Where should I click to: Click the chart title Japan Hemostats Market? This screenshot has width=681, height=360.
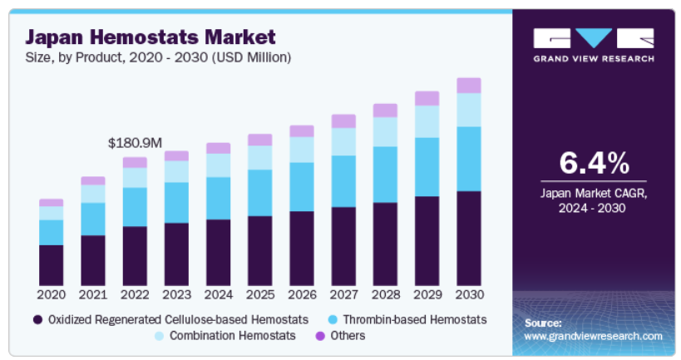(x=150, y=37)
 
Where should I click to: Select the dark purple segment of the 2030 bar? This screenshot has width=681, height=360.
(x=469, y=238)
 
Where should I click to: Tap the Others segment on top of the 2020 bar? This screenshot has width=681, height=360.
(x=52, y=202)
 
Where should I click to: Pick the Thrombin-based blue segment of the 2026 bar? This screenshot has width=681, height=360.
(x=302, y=186)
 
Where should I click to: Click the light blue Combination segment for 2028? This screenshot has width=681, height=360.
(x=385, y=131)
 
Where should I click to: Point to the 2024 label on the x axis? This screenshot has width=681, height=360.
(x=218, y=294)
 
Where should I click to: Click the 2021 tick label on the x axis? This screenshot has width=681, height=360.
(x=93, y=294)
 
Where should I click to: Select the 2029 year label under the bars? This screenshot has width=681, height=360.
(x=427, y=294)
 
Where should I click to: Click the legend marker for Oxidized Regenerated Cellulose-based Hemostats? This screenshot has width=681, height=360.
(x=37, y=319)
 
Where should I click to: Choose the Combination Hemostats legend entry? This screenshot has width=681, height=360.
(x=233, y=335)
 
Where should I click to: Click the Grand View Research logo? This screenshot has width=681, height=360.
(x=594, y=43)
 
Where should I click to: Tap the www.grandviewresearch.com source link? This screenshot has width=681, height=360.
(x=594, y=336)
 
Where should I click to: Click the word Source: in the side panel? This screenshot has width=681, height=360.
(x=543, y=322)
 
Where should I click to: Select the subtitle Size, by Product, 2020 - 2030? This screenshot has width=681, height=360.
(x=158, y=57)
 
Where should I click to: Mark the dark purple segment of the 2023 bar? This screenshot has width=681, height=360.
(x=176, y=254)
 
